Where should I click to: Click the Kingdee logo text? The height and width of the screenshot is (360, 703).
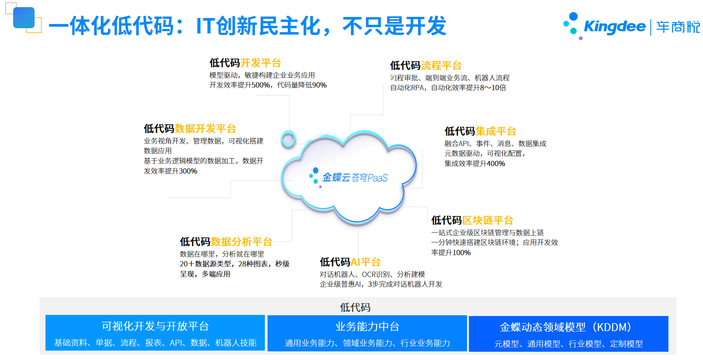coord(615,27)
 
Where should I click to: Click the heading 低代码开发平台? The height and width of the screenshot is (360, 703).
coord(245,63)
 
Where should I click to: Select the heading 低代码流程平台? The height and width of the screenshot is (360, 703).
coord(426,65)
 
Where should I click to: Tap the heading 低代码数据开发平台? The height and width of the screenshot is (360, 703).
coord(190,129)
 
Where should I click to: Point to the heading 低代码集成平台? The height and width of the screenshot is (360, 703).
coord(480,131)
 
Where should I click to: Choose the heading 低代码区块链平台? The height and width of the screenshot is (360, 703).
coord(472,220)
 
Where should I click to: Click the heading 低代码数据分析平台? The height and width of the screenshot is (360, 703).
coord(226,242)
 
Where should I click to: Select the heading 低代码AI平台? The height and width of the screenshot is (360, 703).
coord(350,262)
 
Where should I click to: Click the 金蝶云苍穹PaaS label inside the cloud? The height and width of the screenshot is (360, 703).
coord(355,177)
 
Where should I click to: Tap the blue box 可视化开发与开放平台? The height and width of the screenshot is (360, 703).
coord(155,333)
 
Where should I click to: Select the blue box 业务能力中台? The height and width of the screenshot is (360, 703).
coord(367,333)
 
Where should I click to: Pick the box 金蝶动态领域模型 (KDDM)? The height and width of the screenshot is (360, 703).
coord(568,334)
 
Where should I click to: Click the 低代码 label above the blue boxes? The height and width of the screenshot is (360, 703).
coord(355,307)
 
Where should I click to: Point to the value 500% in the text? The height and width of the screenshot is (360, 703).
coord(260,85)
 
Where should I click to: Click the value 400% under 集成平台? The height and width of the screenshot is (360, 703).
coord(496,164)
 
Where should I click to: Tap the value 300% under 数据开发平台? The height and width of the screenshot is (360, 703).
coord(188,171)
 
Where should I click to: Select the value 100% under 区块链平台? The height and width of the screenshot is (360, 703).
coord(461,253)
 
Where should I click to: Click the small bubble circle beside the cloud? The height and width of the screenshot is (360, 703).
coord(289,139)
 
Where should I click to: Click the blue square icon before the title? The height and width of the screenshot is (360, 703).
coord(24,18)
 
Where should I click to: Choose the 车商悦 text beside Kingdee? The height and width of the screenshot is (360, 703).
coord(678,27)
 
